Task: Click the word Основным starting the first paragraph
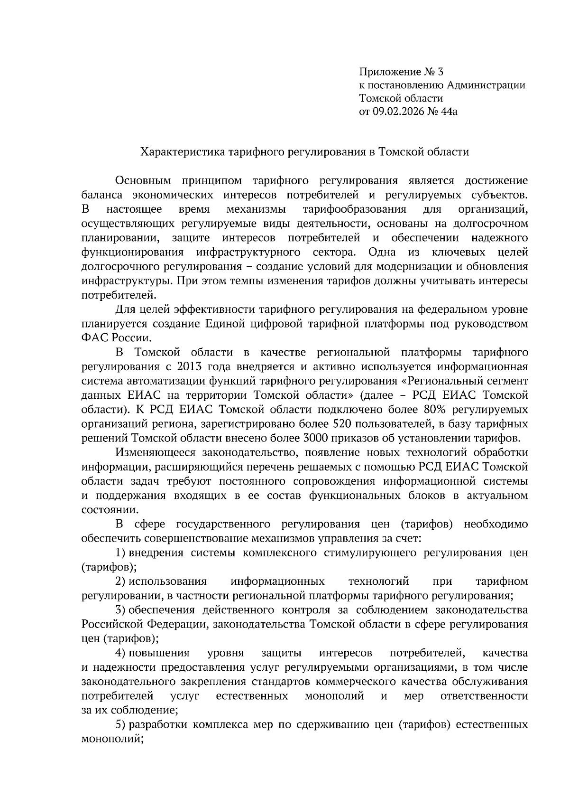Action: tap(141, 181)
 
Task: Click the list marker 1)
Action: tap(120, 553)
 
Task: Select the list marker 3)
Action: tap(120, 610)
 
